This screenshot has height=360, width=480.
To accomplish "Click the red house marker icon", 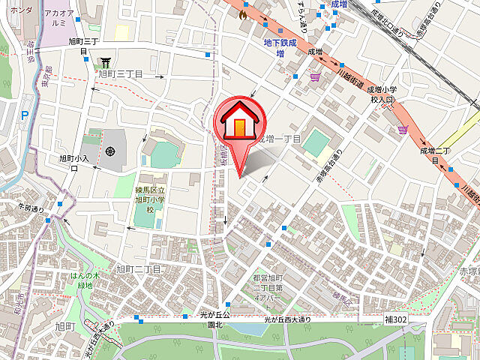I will click(x=239, y=120).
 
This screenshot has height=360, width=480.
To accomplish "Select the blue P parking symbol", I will click(x=24, y=115).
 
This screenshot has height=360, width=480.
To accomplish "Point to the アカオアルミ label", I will click(x=58, y=19).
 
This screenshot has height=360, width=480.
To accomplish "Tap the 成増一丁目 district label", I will click(x=279, y=139).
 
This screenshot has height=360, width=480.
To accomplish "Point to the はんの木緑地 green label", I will click(x=80, y=280).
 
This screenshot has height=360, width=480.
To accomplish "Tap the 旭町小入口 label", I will click(x=74, y=163).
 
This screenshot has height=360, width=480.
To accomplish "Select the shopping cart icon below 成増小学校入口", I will click(x=403, y=128).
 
